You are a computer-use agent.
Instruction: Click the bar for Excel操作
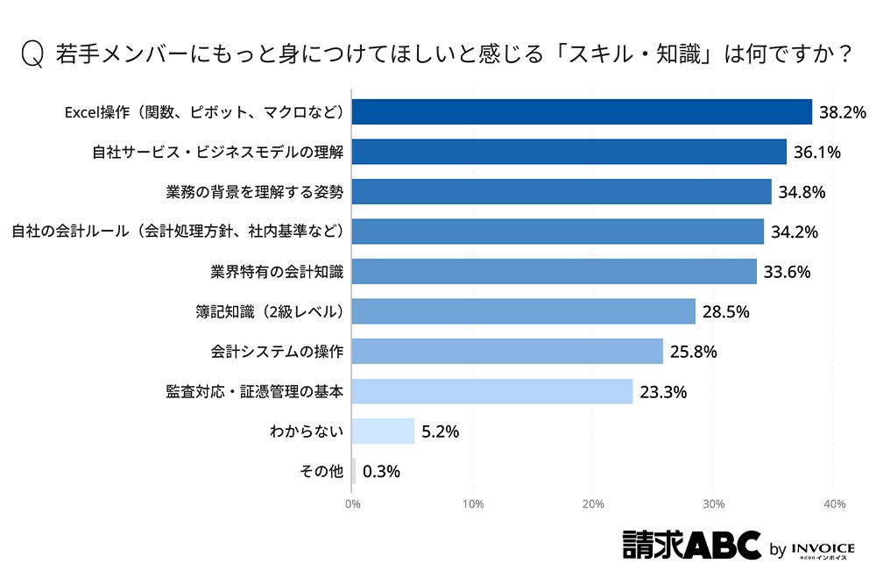pos(582,111)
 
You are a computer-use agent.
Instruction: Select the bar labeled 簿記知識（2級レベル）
pos(524,311)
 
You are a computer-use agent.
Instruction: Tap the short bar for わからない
pos(384,431)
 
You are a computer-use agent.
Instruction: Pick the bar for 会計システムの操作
pos(508,352)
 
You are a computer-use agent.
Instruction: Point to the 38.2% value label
pos(842,112)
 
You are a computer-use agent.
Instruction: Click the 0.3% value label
pos(381,472)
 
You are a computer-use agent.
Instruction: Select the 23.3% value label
pos(663,392)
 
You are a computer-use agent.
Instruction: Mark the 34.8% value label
pos(802,192)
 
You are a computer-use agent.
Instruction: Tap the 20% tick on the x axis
pos(594,504)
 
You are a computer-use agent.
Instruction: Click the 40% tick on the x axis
pos(834,504)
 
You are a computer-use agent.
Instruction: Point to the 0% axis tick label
pos(353,504)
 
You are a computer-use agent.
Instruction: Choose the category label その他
pos(321,472)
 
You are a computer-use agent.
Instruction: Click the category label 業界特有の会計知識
pos(277,272)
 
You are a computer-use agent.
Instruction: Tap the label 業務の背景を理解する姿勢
pos(255,191)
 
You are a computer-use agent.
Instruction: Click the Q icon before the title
pos(32,54)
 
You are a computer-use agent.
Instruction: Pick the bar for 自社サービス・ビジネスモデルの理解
pos(569,152)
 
